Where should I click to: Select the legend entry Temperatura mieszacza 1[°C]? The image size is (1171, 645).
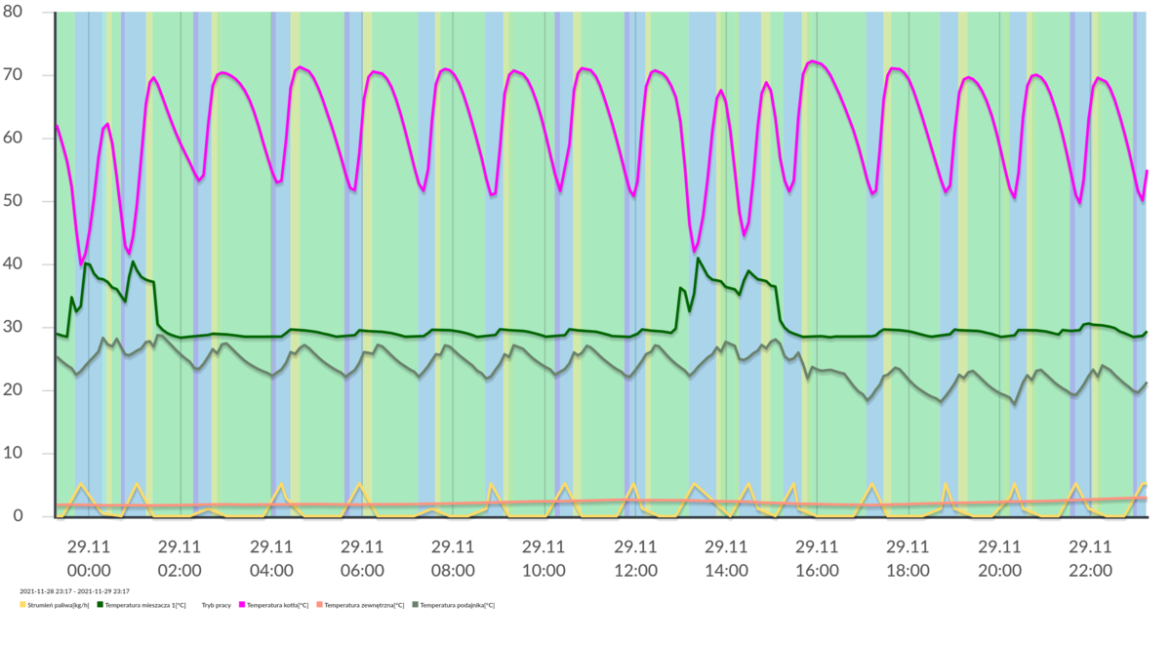coord(144,605)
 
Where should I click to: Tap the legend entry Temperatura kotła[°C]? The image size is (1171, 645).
coord(277,605)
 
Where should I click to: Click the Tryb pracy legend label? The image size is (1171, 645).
coord(216,605)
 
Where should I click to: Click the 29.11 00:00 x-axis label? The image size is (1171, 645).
coord(88,558)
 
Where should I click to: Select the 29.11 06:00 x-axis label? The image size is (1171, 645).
coord(361,558)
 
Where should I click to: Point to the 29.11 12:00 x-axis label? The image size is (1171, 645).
coord(635,558)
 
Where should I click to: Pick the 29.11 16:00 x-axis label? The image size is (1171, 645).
coord(817,558)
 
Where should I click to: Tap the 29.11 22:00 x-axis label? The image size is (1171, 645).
coord(1090,558)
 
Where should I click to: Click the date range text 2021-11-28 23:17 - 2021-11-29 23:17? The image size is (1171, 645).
coord(74,591)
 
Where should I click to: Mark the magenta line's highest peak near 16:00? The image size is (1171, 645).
coord(812,61)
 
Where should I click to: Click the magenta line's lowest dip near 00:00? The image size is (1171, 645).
coord(81,264)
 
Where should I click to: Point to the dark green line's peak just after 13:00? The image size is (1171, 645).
coord(699,258)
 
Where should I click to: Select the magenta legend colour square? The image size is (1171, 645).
coord(242,605)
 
